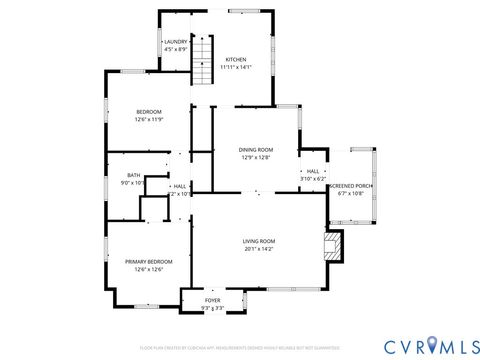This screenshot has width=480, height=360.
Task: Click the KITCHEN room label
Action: click(236, 59)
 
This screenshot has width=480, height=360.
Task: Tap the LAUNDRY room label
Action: click(175, 42)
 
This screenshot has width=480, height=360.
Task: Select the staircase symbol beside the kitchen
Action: click(204, 59)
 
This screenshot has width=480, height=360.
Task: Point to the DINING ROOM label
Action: click(256, 150)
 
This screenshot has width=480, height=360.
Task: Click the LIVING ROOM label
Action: click(259, 241)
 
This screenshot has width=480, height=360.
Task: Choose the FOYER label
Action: click(213, 300)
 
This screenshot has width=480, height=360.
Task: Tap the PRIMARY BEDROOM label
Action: click(144, 262)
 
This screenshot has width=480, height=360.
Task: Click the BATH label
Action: click(133, 175)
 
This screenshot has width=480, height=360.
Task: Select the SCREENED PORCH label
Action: click(351, 186)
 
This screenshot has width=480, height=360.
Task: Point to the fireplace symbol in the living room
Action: click(332, 246)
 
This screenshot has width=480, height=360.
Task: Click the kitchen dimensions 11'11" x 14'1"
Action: click(237, 67)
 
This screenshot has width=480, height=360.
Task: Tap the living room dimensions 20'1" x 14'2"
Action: click(259, 249)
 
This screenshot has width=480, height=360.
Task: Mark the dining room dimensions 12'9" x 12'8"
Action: click(256, 158)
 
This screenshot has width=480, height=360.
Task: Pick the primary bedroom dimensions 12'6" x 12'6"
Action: click(144, 270)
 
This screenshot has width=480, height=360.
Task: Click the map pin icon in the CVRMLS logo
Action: click(432, 346)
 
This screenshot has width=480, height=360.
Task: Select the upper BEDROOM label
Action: click(148, 111)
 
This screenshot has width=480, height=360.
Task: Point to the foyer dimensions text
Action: click(213, 308)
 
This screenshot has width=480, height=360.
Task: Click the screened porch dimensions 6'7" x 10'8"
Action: click(351, 194)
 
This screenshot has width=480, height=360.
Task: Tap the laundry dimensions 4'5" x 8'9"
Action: click(176, 50)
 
